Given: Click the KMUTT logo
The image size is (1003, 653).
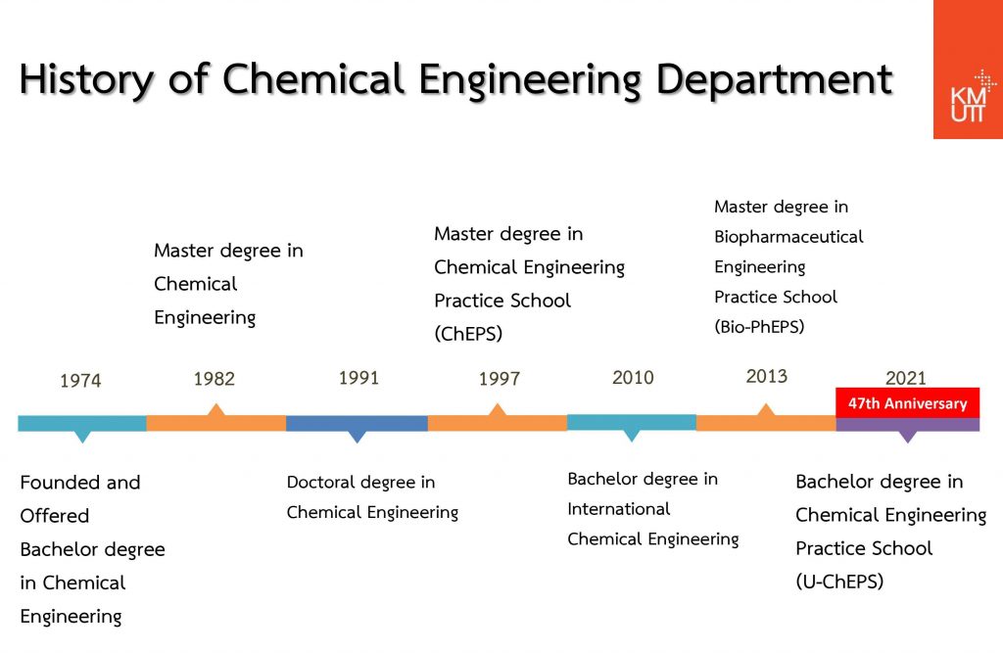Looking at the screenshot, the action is [968, 70].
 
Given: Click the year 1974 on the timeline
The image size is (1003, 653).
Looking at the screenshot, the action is [80, 381].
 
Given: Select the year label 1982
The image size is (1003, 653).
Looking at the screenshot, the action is [215, 379].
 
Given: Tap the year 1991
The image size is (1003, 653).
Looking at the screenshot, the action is [358, 377].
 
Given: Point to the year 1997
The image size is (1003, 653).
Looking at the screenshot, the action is [500, 379].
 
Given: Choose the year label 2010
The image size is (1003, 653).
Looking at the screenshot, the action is [633, 377].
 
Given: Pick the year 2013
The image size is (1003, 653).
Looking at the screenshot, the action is [766, 376].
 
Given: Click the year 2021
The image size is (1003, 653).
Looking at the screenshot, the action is [906, 378].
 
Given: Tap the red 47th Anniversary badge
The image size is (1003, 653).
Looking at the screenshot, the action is [908, 403].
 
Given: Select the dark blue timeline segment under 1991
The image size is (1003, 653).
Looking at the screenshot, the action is [357, 424].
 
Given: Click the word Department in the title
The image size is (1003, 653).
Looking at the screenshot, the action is [774, 80].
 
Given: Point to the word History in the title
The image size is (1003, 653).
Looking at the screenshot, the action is [87, 80].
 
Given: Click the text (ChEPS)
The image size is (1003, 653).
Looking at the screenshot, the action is [468, 334].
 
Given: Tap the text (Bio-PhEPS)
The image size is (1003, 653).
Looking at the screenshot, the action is [759, 327].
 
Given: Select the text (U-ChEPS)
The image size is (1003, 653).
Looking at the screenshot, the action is [839, 582].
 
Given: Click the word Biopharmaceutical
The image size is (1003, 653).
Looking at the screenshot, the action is [788, 237].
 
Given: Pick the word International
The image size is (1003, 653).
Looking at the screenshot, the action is [619, 509].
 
